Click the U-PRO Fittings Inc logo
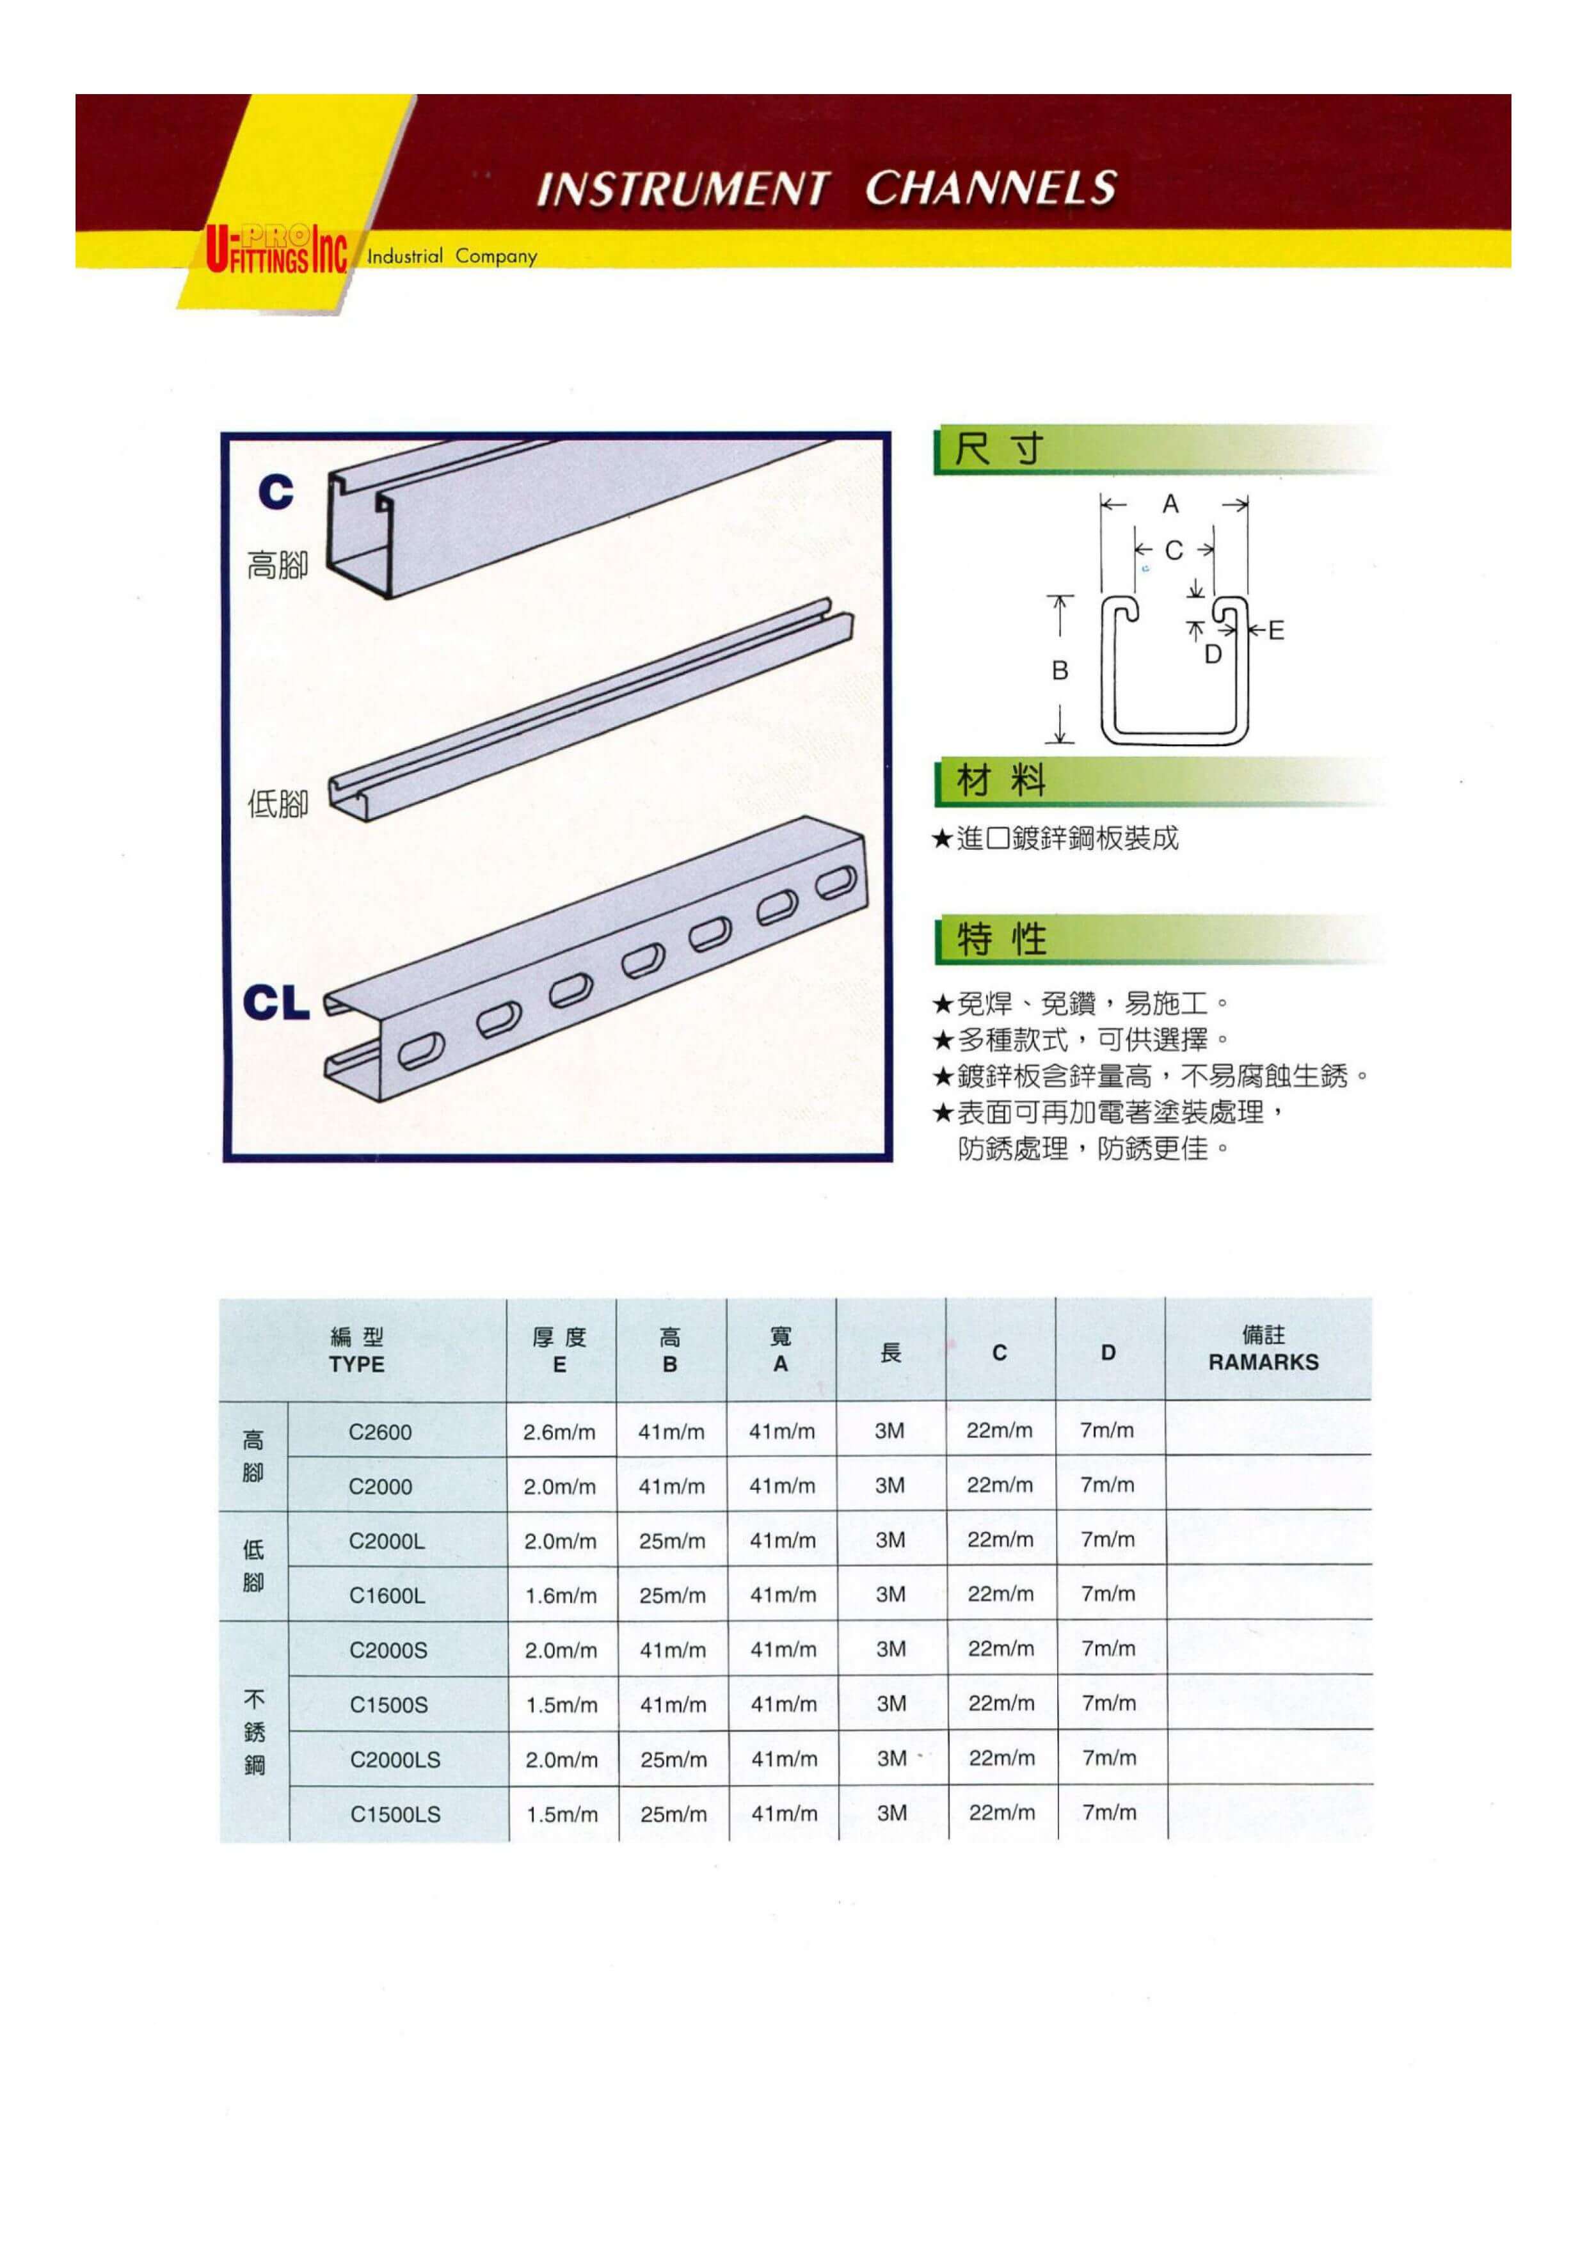tap(276, 250)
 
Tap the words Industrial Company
tap(452, 256)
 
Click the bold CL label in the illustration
tap(275, 1003)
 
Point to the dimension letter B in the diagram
tap(1060, 671)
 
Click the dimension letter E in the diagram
tap(1276, 630)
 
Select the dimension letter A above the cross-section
tap(1170, 504)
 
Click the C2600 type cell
tap(380, 1432)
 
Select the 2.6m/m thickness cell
tap(559, 1432)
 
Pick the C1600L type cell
tap(387, 1595)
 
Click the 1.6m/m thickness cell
tap(561, 1595)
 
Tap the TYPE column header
tap(357, 1364)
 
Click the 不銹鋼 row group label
tap(254, 1732)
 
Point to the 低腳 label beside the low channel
tap(278, 804)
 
